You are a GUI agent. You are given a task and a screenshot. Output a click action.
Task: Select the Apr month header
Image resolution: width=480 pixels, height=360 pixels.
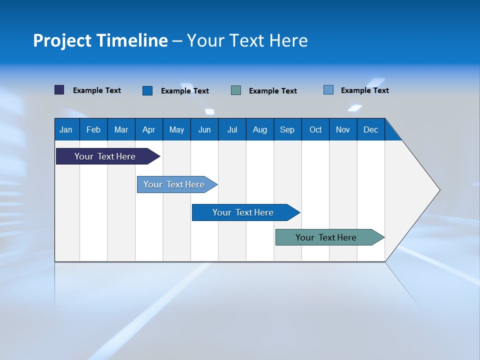(x=149, y=129)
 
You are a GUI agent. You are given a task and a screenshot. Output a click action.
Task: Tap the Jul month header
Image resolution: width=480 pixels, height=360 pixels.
(x=232, y=129)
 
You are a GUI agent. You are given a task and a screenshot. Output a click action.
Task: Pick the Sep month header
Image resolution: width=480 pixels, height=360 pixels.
(x=287, y=129)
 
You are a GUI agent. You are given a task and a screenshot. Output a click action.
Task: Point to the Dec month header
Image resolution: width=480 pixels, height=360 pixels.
(x=370, y=129)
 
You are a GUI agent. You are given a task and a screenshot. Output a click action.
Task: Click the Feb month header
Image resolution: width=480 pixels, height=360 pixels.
(x=93, y=129)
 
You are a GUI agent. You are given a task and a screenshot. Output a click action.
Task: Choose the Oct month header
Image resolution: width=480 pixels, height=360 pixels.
(x=315, y=129)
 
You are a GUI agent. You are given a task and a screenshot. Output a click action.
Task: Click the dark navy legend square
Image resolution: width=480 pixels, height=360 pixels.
(x=59, y=90)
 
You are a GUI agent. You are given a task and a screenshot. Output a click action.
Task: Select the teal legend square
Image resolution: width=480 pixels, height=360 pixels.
(x=236, y=90)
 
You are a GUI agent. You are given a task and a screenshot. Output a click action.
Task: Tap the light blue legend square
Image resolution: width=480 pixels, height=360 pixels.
(x=328, y=90)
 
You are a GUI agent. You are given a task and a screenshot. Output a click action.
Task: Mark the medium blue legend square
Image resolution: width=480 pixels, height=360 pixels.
(x=147, y=90)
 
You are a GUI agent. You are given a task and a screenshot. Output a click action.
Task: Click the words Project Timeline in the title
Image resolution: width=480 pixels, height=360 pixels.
(x=100, y=40)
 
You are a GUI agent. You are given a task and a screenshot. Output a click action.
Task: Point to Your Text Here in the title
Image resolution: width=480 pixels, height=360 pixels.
(x=247, y=40)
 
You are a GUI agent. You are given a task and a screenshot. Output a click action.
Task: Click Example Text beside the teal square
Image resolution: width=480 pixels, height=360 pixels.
(x=273, y=91)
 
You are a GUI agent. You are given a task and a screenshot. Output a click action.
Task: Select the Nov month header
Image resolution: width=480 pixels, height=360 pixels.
(x=343, y=129)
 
